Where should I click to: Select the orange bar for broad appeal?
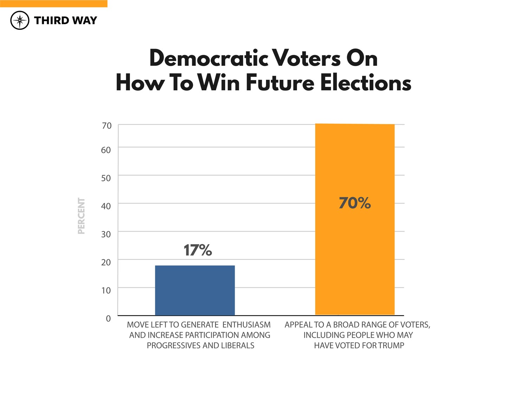point(355,246)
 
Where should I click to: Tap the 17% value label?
point(198,251)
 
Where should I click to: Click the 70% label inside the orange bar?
point(355,203)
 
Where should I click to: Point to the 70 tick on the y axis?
point(106,126)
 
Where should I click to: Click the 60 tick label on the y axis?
point(106,150)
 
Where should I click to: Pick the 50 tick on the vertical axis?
point(106,178)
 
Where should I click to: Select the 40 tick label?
point(106,206)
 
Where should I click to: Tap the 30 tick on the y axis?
point(106,234)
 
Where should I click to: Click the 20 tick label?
point(106,263)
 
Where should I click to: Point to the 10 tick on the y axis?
point(106,291)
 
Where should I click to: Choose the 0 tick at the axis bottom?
point(108,318)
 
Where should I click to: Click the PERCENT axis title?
point(81,216)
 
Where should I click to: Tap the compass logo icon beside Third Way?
point(20,20)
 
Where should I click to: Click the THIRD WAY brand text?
point(65,20)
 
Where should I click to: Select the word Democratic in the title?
point(209,58)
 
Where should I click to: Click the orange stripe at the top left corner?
point(53,4)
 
